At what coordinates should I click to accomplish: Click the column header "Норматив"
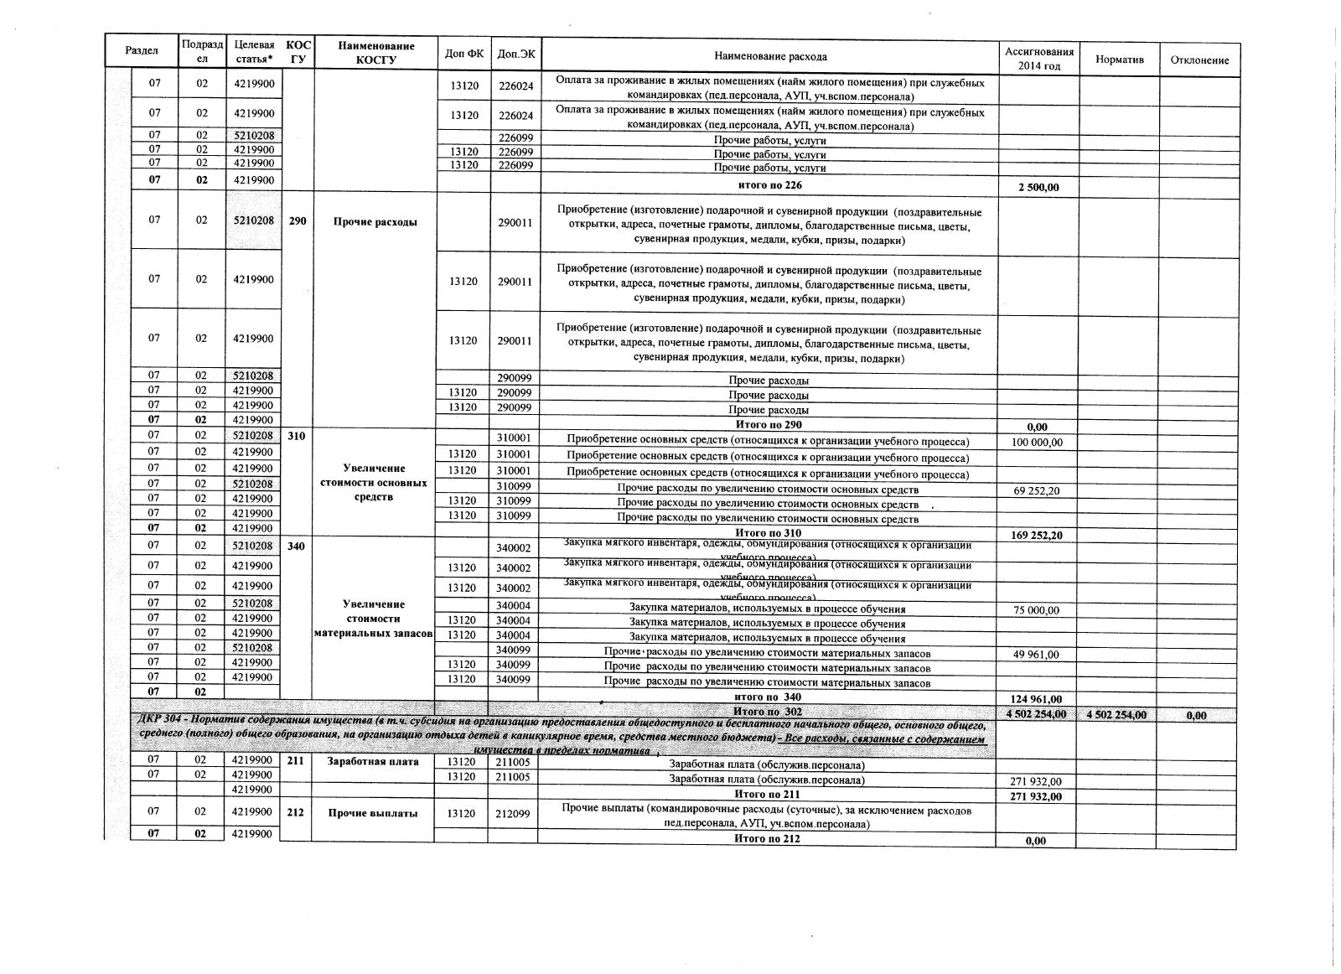[x=1119, y=60]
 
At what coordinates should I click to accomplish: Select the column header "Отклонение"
[x=1199, y=60]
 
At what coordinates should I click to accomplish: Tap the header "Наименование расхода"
[x=770, y=56]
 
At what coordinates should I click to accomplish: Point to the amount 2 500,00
[x=1038, y=188]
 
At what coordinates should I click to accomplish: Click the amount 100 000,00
[x=1038, y=443]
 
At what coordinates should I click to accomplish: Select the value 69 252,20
[x=1037, y=490]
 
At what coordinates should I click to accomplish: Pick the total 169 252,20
[x=1038, y=535]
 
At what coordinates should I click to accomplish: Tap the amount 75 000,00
[x=1037, y=610]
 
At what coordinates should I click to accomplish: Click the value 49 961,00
[x=1037, y=655]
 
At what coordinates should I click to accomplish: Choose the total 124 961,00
[x=1038, y=699]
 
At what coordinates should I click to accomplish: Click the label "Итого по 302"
[x=768, y=712]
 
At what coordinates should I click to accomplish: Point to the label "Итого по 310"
[x=768, y=532]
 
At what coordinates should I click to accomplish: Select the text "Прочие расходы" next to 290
[x=375, y=222]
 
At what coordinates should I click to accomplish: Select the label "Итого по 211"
[x=767, y=794]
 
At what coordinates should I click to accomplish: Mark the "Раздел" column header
[x=141, y=50]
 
